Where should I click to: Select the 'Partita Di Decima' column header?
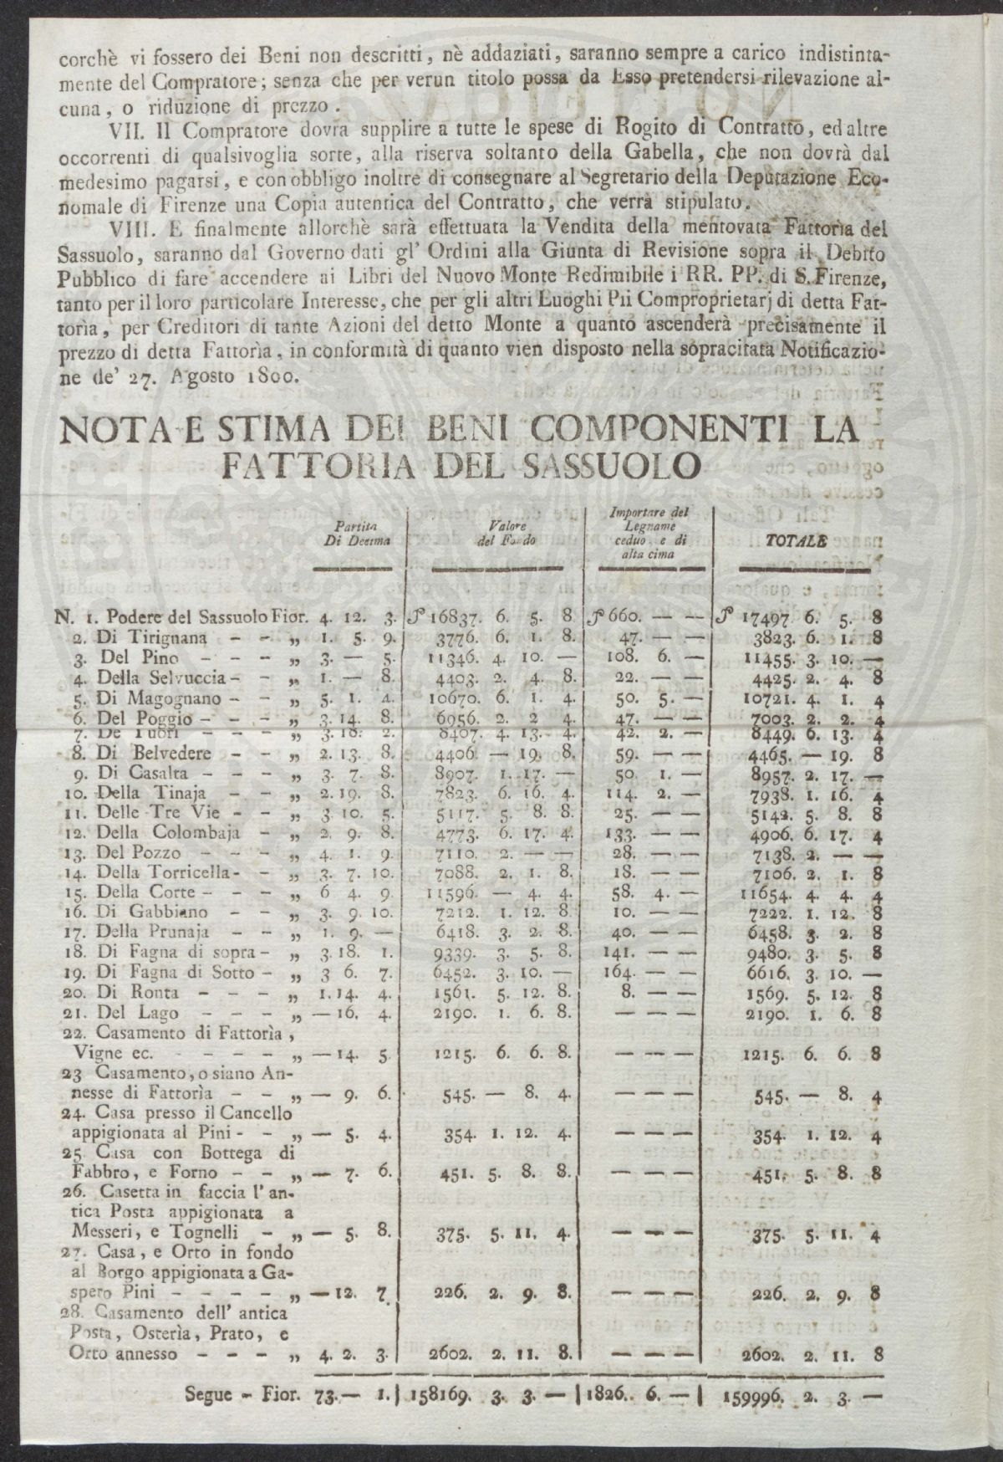click(x=356, y=533)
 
